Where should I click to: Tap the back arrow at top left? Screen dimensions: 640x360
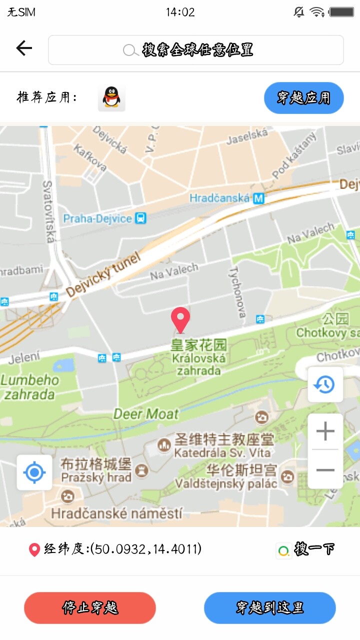(23, 48)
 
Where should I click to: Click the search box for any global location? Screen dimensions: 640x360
(195, 50)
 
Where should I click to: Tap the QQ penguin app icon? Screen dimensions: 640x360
(111, 97)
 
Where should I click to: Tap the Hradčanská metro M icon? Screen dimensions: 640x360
(258, 198)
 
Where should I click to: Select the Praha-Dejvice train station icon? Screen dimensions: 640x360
(141, 218)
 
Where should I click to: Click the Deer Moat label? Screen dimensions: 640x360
(146, 414)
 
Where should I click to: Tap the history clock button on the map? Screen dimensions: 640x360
(325, 384)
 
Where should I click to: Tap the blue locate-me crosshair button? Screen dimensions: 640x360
(34, 472)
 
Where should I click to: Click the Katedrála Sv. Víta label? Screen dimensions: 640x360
(222, 453)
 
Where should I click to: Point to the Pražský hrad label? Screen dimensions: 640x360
(96, 477)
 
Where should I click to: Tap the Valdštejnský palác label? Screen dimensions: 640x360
(226, 483)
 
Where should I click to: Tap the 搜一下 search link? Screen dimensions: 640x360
(306, 549)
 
